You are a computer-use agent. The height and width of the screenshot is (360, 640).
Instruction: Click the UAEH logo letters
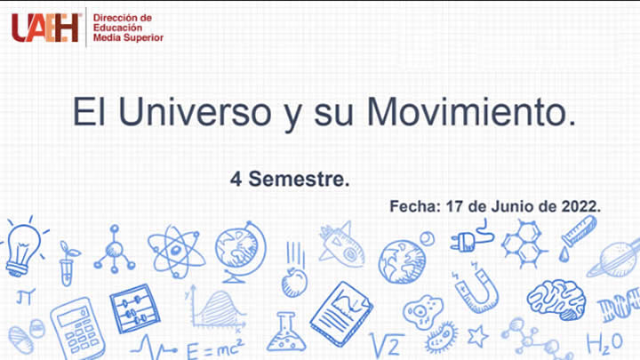pyautogui.click(x=45, y=28)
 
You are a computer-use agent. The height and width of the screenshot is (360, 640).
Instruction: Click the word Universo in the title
pyautogui.click(x=195, y=112)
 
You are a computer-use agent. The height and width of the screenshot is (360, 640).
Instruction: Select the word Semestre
pyautogui.click(x=299, y=180)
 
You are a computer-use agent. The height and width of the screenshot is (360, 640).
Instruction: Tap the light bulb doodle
pyautogui.click(x=22, y=246)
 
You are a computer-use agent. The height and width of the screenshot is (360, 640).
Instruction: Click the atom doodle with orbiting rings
pyautogui.click(x=176, y=251)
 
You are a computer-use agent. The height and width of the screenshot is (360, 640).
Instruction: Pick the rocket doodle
pyautogui.click(x=342, y=245)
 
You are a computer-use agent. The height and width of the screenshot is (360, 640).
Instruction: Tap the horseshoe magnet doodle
pyautogui.click(x=477, y=289)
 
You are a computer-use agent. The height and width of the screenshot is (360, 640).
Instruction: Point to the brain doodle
pyautogui.click(x=556, y=300)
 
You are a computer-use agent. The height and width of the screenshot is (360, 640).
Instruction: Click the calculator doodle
pyautogui.click(x=77, y=329)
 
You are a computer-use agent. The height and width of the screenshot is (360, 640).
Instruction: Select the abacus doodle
pyautogui.click(x=134, y=308)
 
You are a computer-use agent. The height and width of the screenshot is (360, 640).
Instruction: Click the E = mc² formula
pyautogui.click(x=215, y=349)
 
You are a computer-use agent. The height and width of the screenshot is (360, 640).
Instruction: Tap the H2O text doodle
pyautogui.click(x=605, y=343)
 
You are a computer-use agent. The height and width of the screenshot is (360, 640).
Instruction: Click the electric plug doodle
pyautogui.click(x=472, y=238)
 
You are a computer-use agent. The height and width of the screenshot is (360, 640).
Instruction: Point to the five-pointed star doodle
pyautogui.click(x=477, y=337)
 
